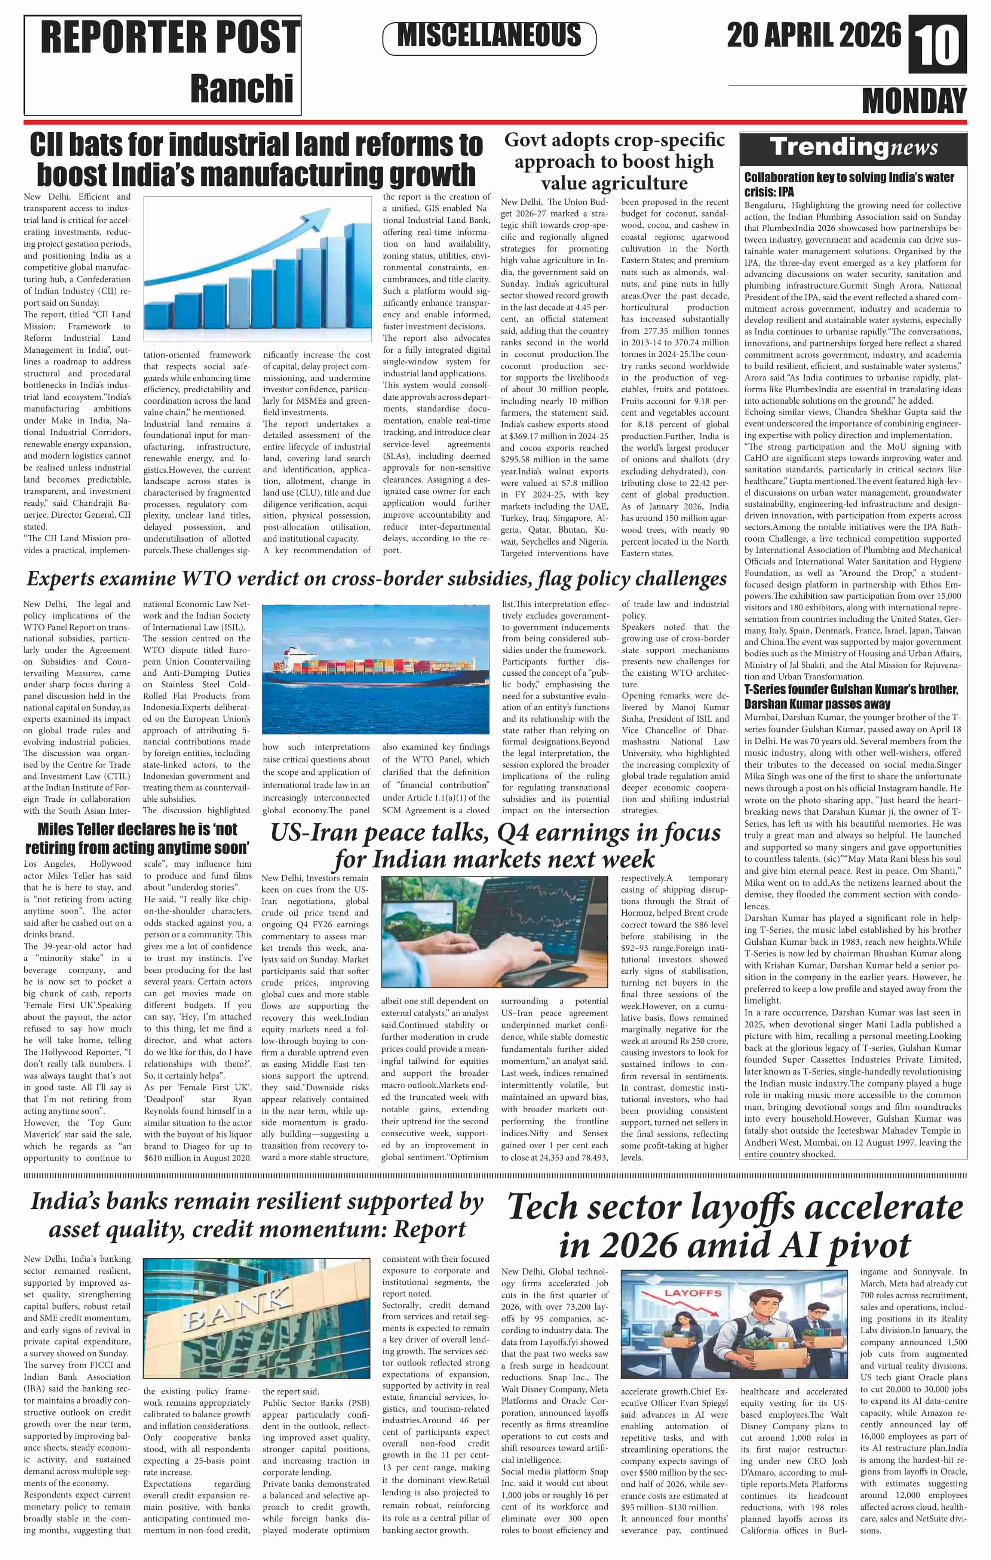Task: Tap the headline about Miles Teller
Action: pos(137,838)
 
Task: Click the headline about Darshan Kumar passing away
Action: pos(851,696)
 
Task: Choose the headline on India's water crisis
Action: pos(849,184)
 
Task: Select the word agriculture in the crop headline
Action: pos(614,184)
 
